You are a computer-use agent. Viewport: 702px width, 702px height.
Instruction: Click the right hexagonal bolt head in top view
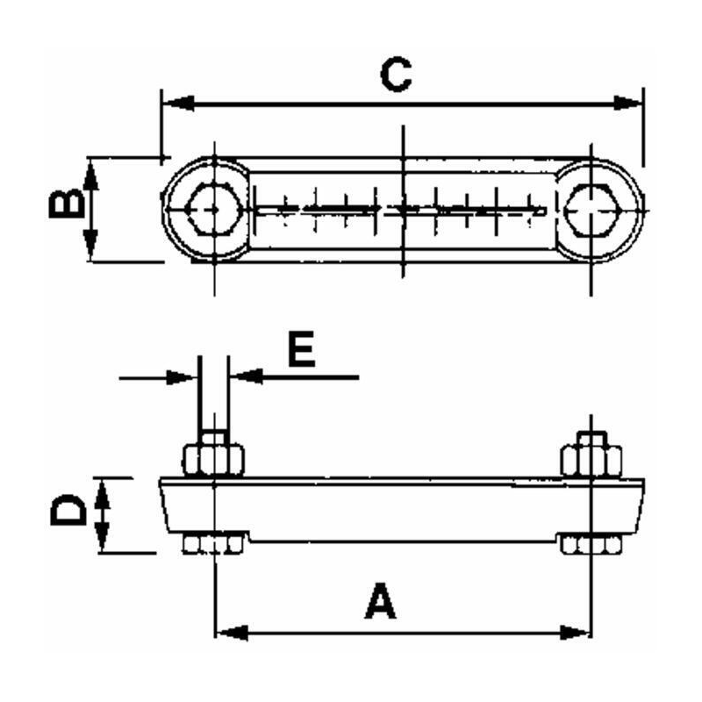click(593, 210)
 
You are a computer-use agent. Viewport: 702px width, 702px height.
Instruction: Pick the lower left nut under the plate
click(212, 546)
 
